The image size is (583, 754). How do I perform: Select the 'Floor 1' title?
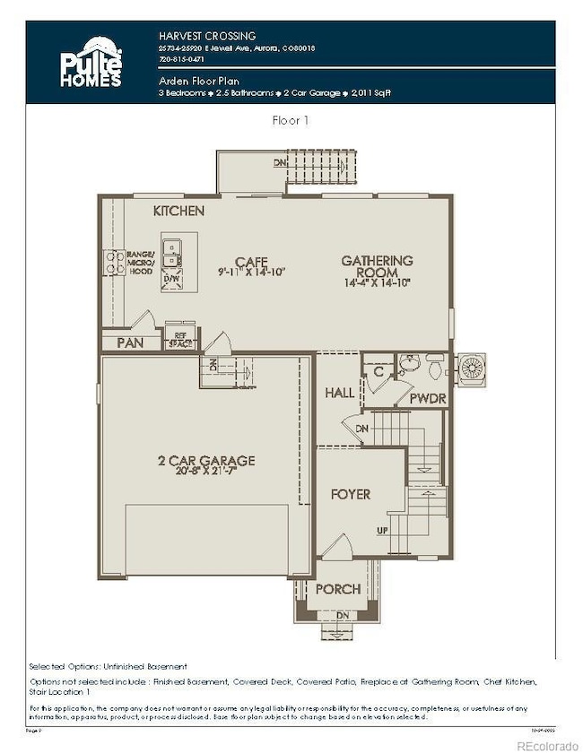pos(291,119)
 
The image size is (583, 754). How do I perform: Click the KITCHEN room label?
pos(178,211)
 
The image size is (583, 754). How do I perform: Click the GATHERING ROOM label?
pos(377,266)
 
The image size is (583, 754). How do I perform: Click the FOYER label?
pos(350,494)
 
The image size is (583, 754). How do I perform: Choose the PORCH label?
pos(337,589)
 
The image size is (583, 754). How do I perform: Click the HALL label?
pos(339,393)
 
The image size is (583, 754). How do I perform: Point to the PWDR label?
pos(427,398)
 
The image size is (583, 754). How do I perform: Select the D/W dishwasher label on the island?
pos(170,280)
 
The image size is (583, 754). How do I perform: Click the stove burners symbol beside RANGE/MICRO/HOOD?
pos(115,262)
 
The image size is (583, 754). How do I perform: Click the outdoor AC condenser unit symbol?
pos(471,368)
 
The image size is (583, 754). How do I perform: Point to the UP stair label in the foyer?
pos(382,530)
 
